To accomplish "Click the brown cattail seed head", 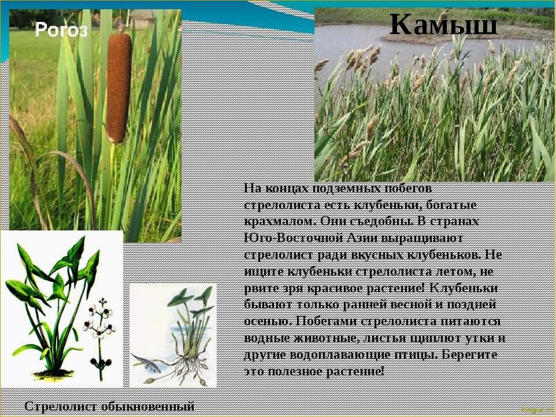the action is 118,87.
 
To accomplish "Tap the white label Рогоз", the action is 61,29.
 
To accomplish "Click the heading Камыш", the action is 443,24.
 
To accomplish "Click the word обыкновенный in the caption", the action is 148,407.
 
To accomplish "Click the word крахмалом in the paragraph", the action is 279,221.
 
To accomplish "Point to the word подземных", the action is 346,188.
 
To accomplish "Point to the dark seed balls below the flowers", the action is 101,363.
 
